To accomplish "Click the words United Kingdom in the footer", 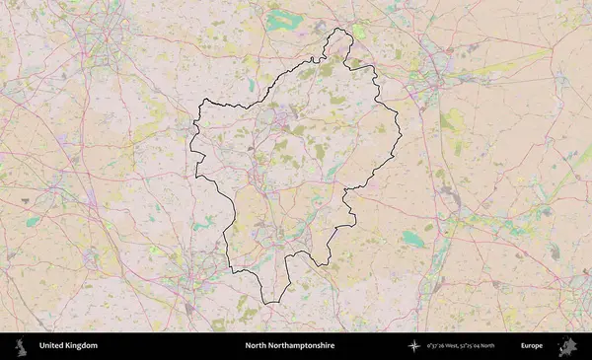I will coord(68,346).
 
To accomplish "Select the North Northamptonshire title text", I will coord(290,346).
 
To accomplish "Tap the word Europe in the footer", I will coord(532,346).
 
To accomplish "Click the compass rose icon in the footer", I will coord(412,346).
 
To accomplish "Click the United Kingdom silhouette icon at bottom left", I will coord(21,346).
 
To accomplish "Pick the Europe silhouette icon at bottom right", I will coord(567,346).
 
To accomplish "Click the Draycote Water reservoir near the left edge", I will coord(34,222).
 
